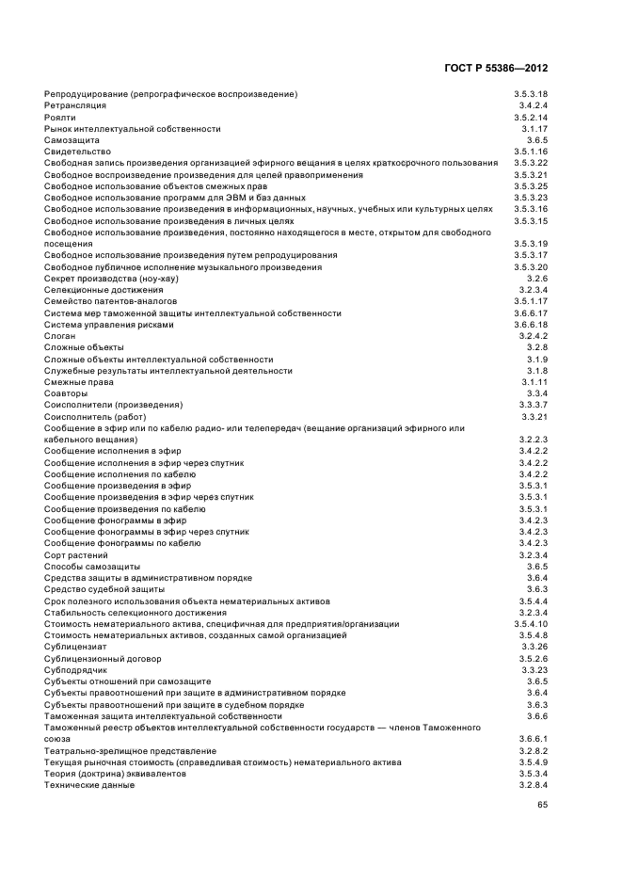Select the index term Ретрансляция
[x=74, y=105]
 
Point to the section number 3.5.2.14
[x=531, y=117]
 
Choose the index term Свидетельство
[x=77, y=152]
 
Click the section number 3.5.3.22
[x=531, y=163]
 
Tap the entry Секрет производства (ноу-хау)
[x=111, y=279]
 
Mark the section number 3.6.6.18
[x=531, y=325]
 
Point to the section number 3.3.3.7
[x=534, y=405]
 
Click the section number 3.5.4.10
[x=531, y=624]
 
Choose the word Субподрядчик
[x=75, y=670]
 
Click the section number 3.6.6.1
[x=534, y=739]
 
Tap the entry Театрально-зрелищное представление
[x=130, y=751]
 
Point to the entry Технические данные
[x=89, y=785]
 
